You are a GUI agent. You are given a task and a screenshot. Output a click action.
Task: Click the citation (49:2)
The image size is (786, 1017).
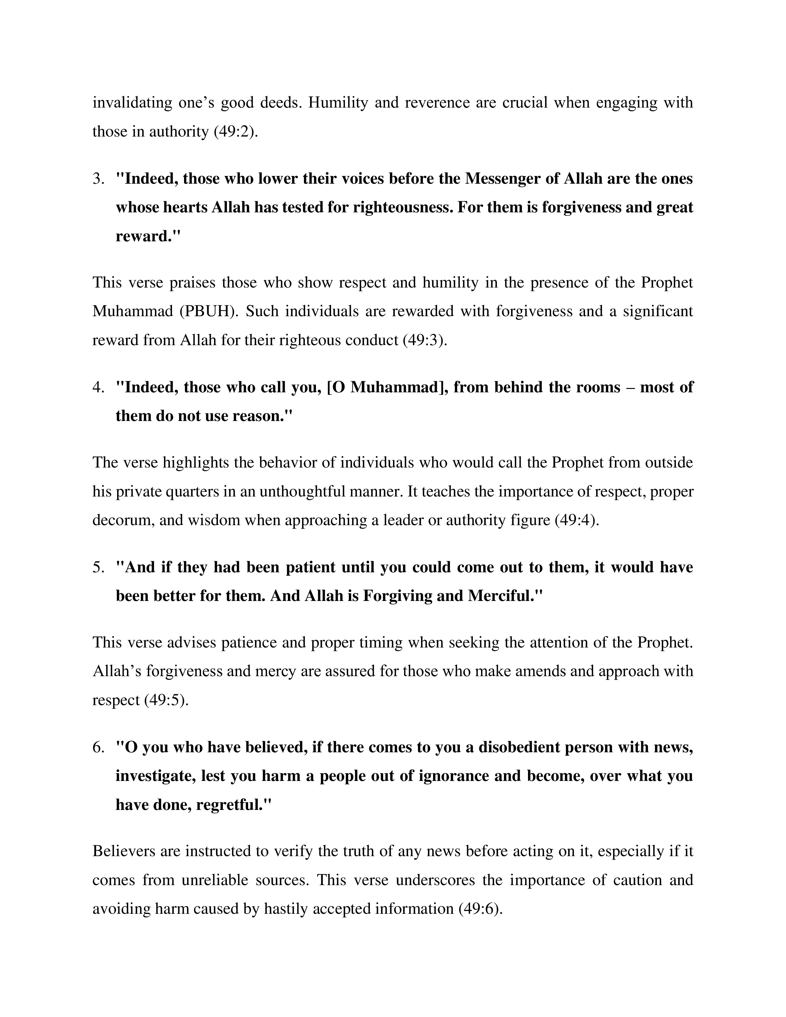[235, 132]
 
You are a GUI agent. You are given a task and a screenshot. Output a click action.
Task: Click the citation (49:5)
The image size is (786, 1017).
[166, 700]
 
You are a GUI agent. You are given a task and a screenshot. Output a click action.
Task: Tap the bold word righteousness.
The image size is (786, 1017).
[403, 207]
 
